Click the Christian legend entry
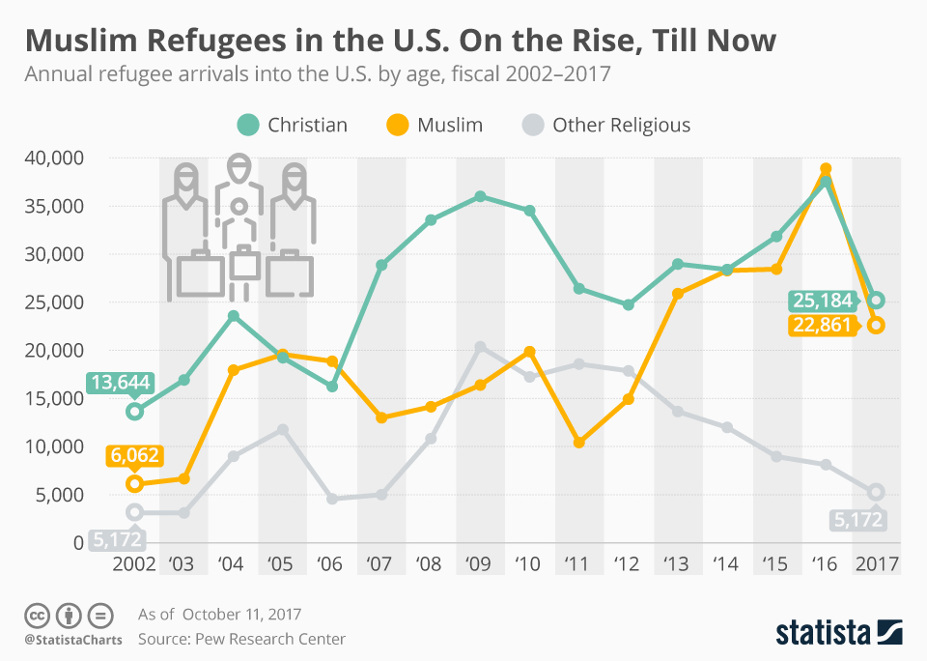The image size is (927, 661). [x=293, y=125]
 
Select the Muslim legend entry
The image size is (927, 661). [x=435, y=125]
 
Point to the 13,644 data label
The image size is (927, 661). [x=121, y=384]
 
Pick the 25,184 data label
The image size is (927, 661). [x=823, y=300]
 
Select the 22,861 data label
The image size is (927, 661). [x=823, y=326]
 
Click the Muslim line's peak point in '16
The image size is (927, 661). [x=826, y=169]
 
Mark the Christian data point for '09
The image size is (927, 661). [x=480, y=196]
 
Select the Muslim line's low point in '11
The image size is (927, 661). [x=578, y=443]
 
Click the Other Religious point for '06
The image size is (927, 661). [x=332, y=499]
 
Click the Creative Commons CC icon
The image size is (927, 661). [x=37, y=615]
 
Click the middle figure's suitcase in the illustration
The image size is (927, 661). [x=243, y=264]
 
